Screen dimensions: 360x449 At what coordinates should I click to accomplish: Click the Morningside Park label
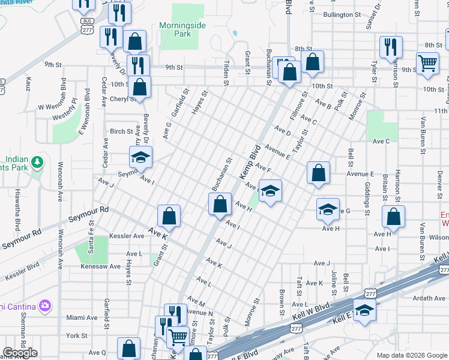click(x=183, y=29)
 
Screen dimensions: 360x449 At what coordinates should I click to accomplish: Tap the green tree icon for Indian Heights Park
click(x=37, y=162)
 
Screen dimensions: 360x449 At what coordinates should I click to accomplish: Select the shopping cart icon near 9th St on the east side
click(x=427, y=62)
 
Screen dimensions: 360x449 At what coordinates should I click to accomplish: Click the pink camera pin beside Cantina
click(x=44, y=306)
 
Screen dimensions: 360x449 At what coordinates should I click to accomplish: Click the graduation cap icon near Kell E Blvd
click(x=364, y=310)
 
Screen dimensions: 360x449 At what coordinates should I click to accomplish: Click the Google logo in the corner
click(x=20, y=353)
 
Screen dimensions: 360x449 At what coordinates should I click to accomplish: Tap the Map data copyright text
click(x=411, y=355)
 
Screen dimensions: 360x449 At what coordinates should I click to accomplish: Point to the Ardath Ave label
click(x=427, y=298)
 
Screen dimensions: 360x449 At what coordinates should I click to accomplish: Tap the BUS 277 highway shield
click(x=87, y=25)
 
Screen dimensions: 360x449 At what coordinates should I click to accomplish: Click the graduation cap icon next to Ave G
click(x=328, y=209)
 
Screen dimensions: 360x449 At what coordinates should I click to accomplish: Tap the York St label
click(x=76, y=335)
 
